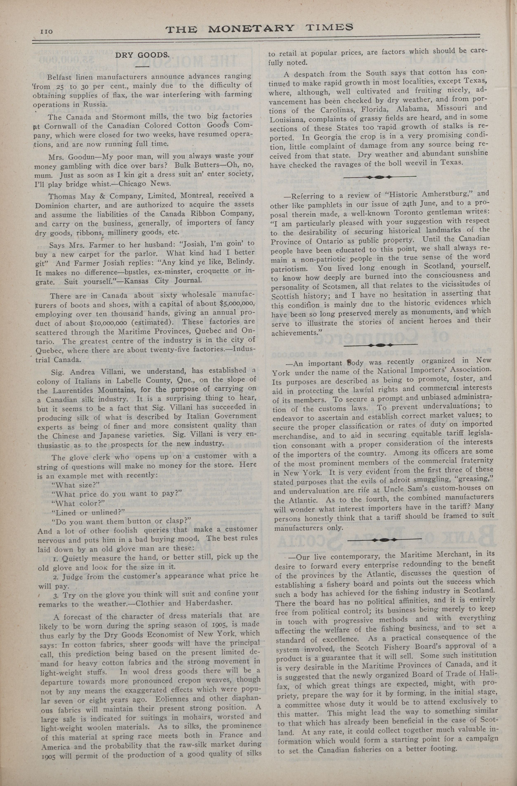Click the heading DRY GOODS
click(142, 55)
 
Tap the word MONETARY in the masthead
click(251, 28)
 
